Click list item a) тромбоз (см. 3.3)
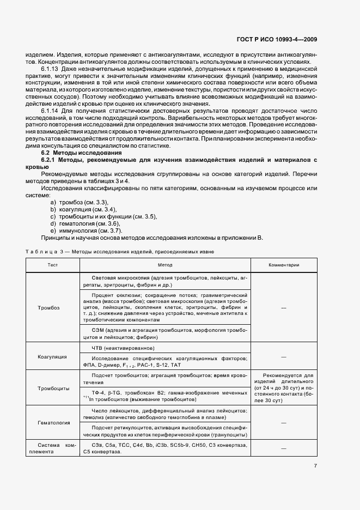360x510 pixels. pyautogui.click(x=79, y=202)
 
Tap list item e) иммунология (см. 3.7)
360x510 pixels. pyautogui.click(x=86, y=230)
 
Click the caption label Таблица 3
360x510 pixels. pyautogui.click(x=45, y=252)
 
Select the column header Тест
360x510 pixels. pyautogui.click(x=52, y=265)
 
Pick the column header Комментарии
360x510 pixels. pyautogui.click(x=283, y=265)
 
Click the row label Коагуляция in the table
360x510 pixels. pyautogui.click(x=52, y=356)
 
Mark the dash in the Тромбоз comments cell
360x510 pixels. pyautogui.click(x=283, y=308)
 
